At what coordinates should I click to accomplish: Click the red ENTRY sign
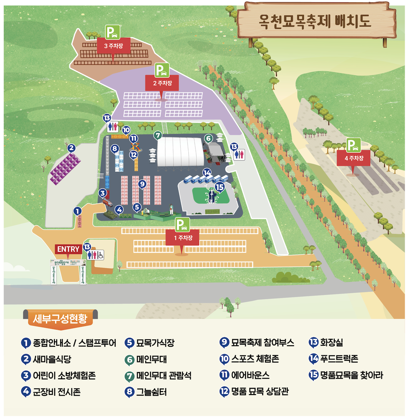(x=68, y=249)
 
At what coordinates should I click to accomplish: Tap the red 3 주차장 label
(x=114, y=46)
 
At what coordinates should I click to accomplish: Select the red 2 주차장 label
(x=162, y=83)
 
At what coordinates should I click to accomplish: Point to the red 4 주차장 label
(x=353, y=158)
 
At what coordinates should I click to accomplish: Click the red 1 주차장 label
(x=183, y=238)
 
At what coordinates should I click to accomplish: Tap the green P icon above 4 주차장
(x=353, y=145)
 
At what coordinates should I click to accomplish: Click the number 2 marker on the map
(x=71, y=148)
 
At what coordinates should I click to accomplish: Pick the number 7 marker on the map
(x=158, y=135)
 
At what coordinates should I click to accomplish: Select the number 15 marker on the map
(x=219, y=187)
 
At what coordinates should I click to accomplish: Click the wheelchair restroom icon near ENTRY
(x=100, y=255)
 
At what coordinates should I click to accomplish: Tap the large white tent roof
(x=180, y=151)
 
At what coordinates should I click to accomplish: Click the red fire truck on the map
(x=107, y=202)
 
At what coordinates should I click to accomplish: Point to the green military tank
(x=109, y=215)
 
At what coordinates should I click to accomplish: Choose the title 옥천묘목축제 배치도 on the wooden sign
(x=315, y=21)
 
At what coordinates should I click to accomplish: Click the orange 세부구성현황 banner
(x=60, y=318)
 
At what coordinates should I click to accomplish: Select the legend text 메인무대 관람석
(x=164, y=375)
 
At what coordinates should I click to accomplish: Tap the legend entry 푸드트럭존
(x=339, y=359)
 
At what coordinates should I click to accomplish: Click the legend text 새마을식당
(x=52, y=359)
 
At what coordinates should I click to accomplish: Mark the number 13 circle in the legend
(x=313, y=342)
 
